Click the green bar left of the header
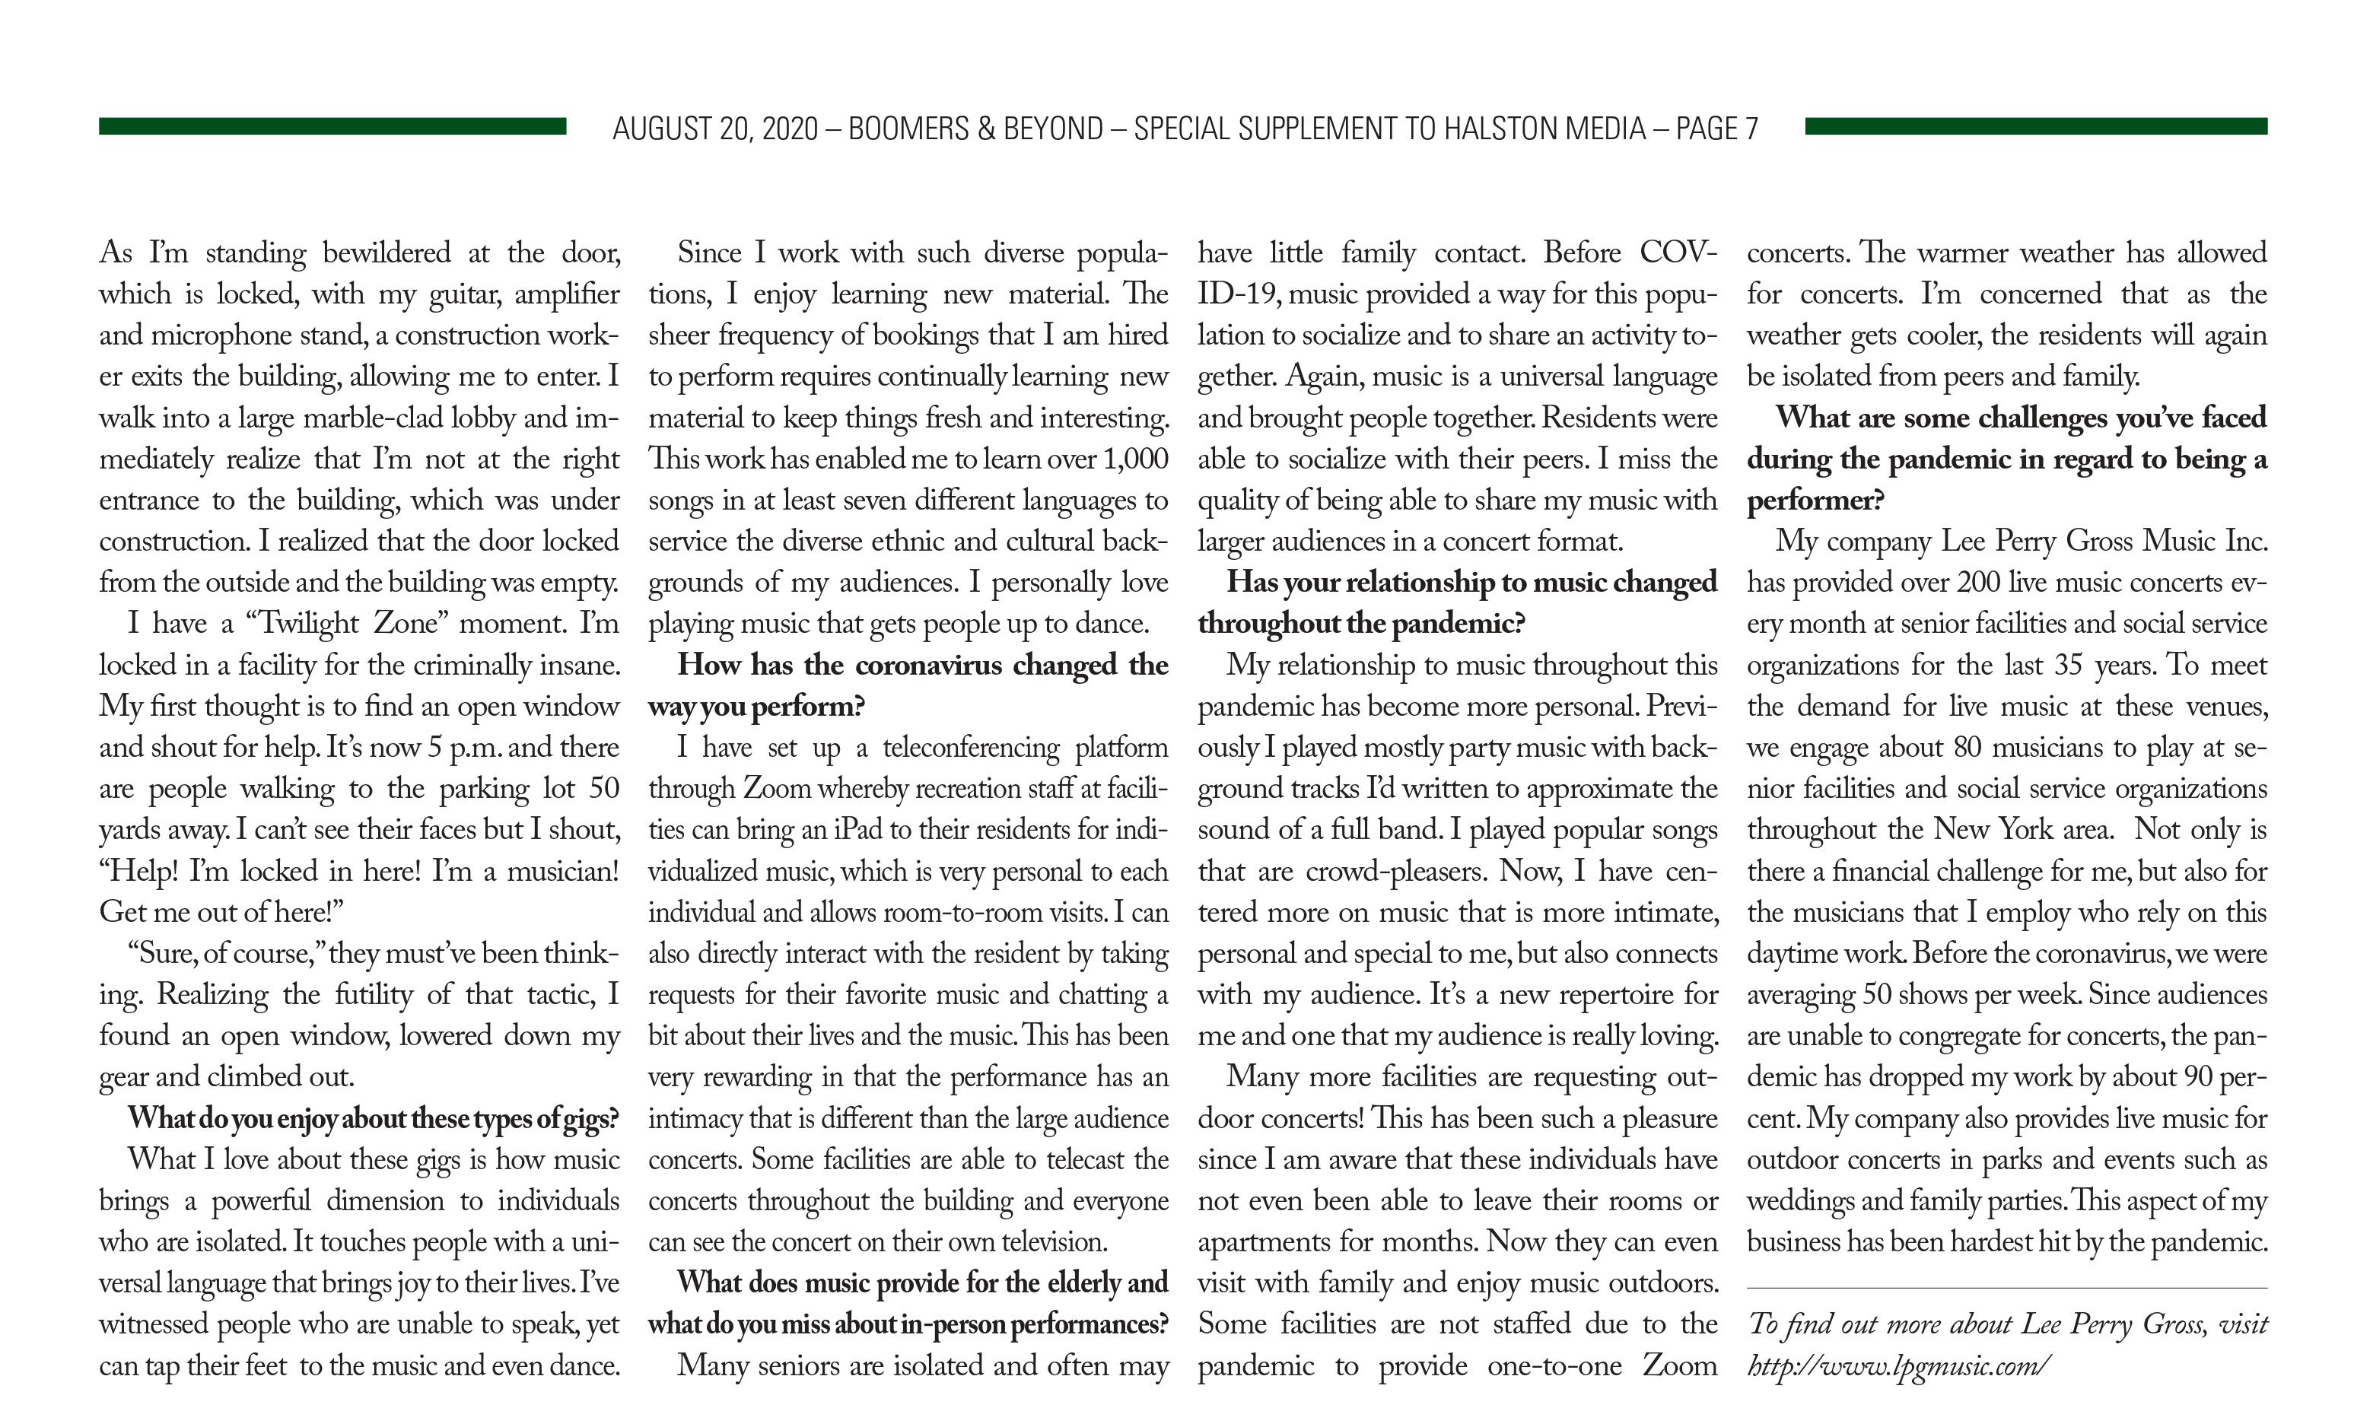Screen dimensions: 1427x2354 pos(332,126)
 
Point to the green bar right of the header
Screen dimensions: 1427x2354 pos(2035,126)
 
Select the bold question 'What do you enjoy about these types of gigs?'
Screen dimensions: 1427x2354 pos(374,1118)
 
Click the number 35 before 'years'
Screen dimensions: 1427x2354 pos(2067,666)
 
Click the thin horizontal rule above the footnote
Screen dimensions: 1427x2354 pos(2006,1289)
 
